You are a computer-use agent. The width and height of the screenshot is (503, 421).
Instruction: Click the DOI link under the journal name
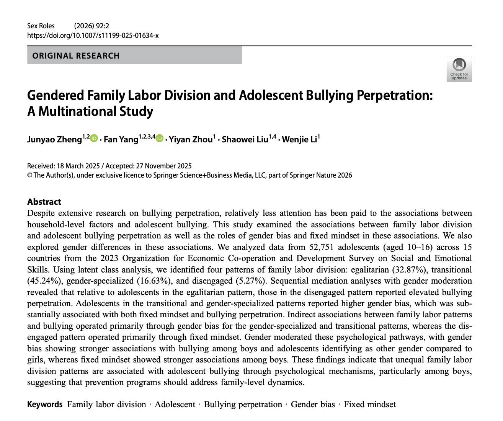[x=93, y=36]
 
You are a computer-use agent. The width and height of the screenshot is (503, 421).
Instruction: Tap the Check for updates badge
[x=459, y=69]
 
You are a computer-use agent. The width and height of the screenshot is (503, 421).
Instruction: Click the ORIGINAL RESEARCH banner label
[x=76, y=55]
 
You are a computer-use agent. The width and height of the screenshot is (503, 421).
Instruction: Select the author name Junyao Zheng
[x=54, y=139]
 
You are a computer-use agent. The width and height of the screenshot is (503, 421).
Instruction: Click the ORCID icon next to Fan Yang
[x=160, y=139]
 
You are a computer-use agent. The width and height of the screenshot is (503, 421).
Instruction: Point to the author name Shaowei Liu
[x=245, y=139]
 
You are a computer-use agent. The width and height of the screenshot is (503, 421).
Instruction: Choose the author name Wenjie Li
[x=299, y=139]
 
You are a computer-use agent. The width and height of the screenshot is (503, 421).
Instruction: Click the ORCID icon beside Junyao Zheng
[x=94, y=139]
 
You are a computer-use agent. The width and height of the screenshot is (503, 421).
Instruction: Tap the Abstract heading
[x=44, y=202]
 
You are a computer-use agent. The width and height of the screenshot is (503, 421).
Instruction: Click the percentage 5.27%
[x=249, y=281]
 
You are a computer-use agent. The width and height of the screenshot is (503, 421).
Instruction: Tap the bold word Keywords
[x=45, y=405]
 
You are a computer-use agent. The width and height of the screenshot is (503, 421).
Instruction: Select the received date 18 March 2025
[x=78, y=166]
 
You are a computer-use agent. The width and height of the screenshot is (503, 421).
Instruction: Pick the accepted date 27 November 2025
[x=163, y=166]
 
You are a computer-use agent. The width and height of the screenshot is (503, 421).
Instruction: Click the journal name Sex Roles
[x=41, y=26]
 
